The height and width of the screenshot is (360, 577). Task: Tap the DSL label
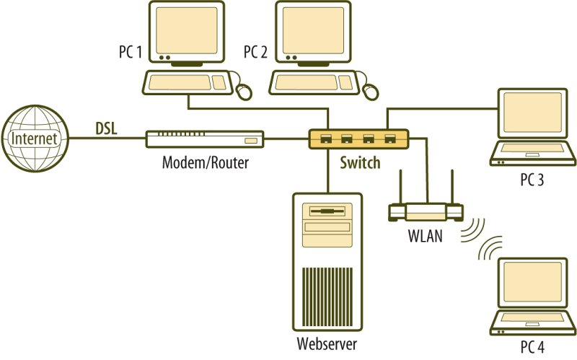click(107, 128)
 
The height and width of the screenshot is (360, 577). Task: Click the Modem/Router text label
click(205, 162)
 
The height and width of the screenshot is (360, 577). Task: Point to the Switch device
click(358, 138)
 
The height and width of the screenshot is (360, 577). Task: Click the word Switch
click(360, 162)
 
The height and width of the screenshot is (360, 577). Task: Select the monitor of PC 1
click(187, 33)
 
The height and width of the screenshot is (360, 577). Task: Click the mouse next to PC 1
click(245, 90)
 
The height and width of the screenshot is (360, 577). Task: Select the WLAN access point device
click(426, 211)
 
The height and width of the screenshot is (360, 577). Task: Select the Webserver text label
click(327, 343)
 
